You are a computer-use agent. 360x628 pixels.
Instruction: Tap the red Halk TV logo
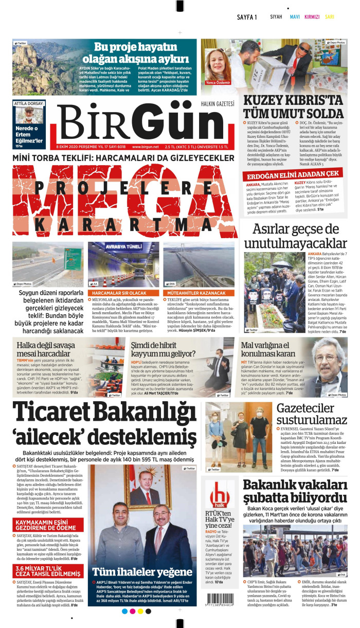click(x=220, y=497)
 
